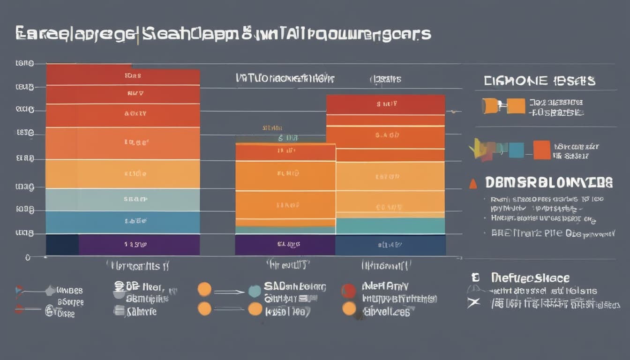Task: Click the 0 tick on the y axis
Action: pyautogui.click(x=28, y=257)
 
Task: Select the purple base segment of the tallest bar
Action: pyautogui.click(x=139, y=245)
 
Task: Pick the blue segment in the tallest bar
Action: pyautogui.click(x=123, y=222)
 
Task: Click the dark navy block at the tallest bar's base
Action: pyautogui.click(x=62, y=245)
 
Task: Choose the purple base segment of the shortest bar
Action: pyautogui.click(x=285, y=245)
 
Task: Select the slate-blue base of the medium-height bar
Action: pyautogui.click(x=390, y=245)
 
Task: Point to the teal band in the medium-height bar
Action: pyautogui.click(x=390, y=226)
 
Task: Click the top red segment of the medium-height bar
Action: pyautogui.click(x=385, y=104)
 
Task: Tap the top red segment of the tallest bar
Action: pyautogui.click(x=123, y=74)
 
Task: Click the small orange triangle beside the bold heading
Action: pyautogui.click(x=473, y=184)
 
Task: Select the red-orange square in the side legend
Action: pyautogui.click(x=542, y=150)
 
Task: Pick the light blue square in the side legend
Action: pyautogui.click(x=516, y=150)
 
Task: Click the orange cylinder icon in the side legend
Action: pyautogui.click(x=490, y=106)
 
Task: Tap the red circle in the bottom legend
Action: pyautogui.click(x=348, y=291)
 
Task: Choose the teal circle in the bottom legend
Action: pyautogui.click(x=255, y=291)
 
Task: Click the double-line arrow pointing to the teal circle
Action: pyautogui.click(x=229, y=292)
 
